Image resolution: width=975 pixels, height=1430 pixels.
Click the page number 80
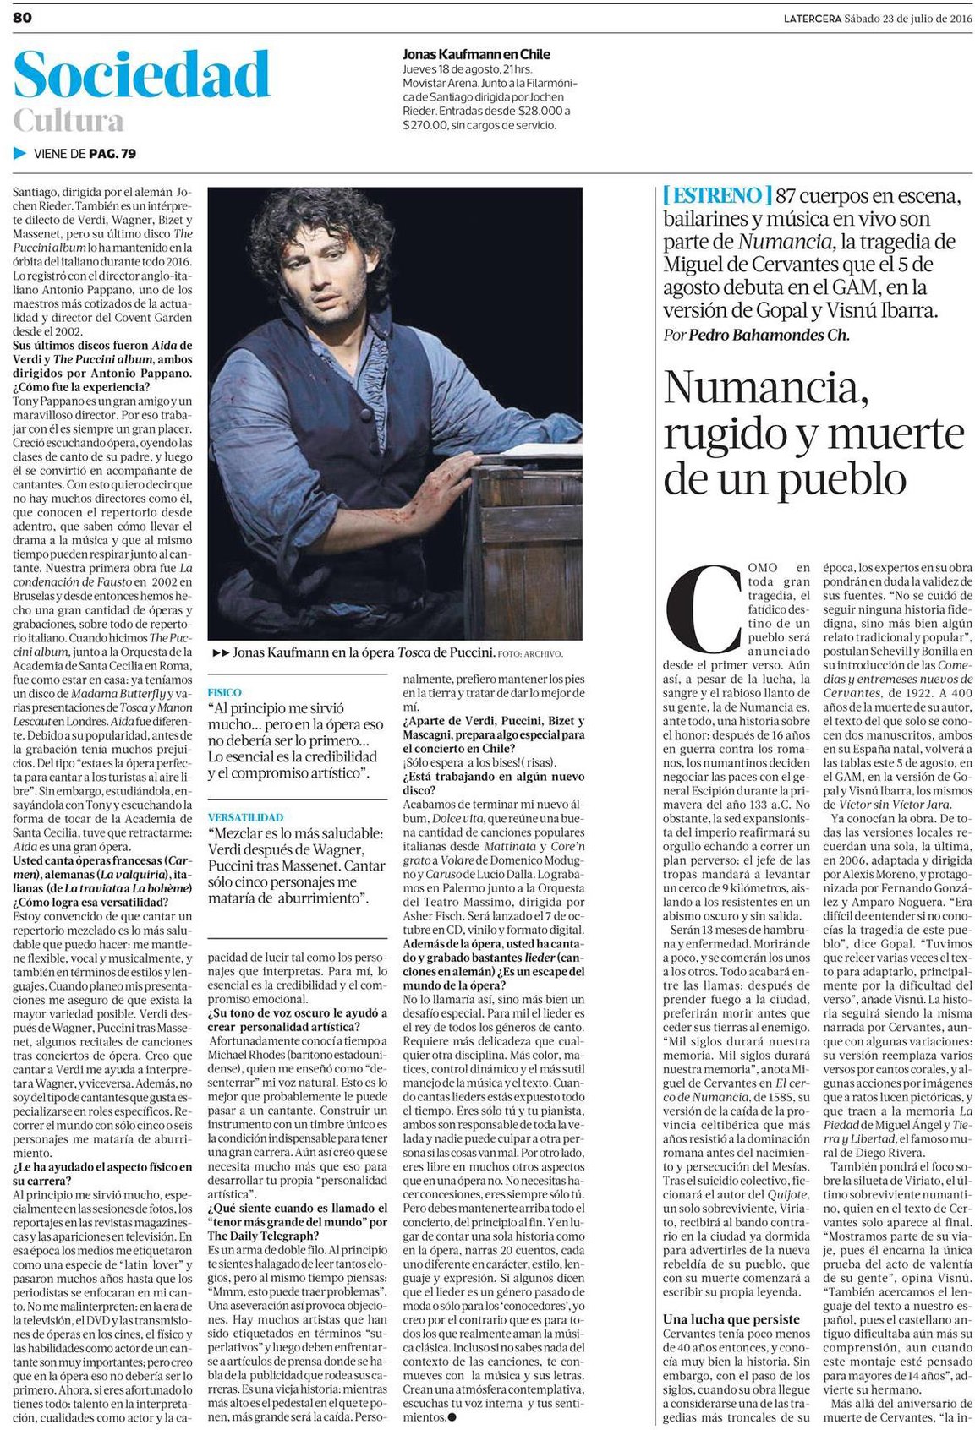tap(22, 18)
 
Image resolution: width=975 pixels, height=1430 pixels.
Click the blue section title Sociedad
tap(141, 75)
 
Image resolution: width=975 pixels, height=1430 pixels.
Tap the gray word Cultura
tap(68, 121)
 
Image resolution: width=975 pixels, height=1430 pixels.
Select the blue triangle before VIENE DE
tap(20, 153)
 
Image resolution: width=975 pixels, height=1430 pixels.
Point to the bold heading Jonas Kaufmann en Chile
tap(476, 54)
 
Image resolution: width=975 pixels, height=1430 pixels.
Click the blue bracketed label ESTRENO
tap(715, 195)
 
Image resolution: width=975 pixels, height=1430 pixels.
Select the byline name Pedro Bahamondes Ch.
tap(768, 335)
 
